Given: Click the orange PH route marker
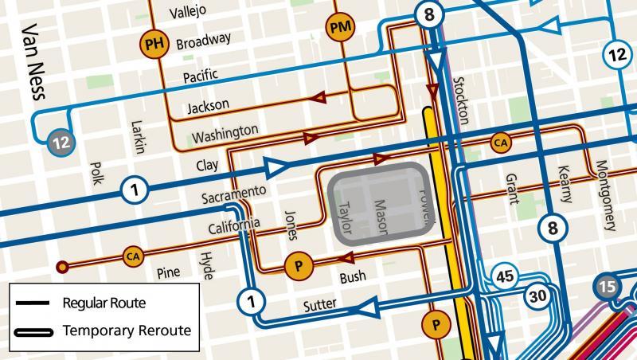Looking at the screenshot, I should (157, 44).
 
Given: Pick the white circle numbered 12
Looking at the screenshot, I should (617, 55).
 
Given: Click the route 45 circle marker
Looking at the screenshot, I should (505, 276).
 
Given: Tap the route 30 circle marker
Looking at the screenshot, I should (538, 295).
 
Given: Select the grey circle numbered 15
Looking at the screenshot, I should (608, 287).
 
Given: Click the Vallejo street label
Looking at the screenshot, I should (188, 11).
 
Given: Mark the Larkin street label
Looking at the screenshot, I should (138, 135).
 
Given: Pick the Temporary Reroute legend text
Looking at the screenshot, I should (127, 330).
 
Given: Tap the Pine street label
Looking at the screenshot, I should (169, 272).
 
